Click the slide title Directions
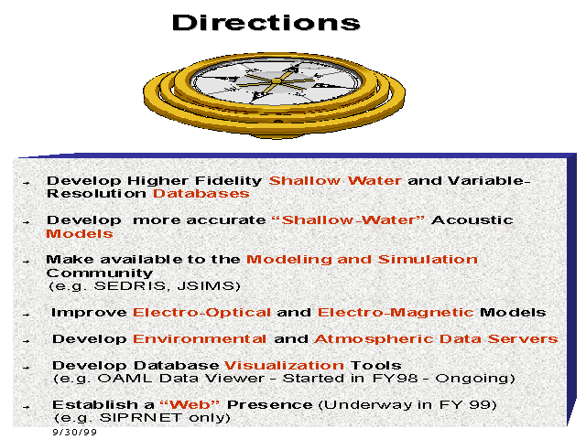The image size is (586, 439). [266, 22]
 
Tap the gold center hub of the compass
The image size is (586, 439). [277, 81]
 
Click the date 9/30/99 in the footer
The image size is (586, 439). [75, 432]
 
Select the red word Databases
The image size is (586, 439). [201, 193]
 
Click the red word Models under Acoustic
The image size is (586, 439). [80, 234]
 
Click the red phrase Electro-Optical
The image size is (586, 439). [201, 313]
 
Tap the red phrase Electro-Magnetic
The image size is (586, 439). [396, 313]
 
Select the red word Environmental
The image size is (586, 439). [200, 339]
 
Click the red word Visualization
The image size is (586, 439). [284, 365]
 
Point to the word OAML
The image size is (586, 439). [125, 378]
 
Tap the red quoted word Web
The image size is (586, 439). [190, 404]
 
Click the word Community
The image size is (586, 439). [100, 273]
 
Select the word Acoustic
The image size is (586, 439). [472, 219]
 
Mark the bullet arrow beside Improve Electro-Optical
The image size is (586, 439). [26, 315]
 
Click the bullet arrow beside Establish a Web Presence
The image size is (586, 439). [26, 407]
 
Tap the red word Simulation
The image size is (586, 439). [428, 260]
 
